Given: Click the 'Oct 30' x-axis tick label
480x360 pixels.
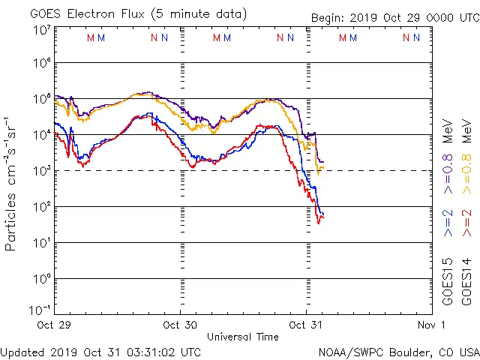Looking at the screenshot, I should (x=180, y=325).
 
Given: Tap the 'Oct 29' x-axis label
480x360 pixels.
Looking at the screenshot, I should (x=55, y=325).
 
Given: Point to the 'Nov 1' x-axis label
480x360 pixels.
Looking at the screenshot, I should (x=432, y=325).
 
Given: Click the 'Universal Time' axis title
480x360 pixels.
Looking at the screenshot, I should (x=242, y=337).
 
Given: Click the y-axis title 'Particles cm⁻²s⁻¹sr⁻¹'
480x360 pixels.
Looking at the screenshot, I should (x=11, y=183).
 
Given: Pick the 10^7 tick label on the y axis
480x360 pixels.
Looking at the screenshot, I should (x=41, y=31).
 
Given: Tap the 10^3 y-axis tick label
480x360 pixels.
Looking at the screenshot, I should (x=41, y=171).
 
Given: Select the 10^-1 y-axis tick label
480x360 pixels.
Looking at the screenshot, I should (x=41, y=310).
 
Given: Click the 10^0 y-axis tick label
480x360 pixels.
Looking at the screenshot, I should (x=41, y=279).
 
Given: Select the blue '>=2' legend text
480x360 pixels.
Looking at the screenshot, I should (x=448, y=223).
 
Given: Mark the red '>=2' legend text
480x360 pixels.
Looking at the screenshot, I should (x=466, y=223).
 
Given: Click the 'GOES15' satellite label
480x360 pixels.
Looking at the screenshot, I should (x=448, y=281).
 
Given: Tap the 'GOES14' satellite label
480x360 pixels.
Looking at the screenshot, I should (x=466, y=281).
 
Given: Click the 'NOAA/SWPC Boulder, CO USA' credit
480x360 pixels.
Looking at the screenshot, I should (x=398, y=351).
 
